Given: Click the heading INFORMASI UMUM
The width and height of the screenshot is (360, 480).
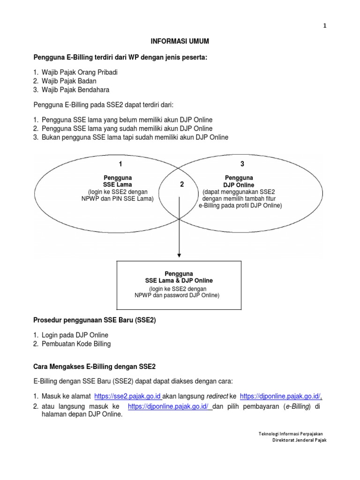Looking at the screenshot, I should (x=180, y=42).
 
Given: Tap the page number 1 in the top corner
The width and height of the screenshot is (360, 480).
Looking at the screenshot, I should (x=324, y=26).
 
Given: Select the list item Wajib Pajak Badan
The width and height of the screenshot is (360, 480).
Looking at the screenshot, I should (x=69, y=81).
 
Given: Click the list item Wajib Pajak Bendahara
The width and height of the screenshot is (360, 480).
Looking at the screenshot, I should (x=75, y=90).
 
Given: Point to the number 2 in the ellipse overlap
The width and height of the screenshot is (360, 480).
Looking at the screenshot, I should (x=181, y=185).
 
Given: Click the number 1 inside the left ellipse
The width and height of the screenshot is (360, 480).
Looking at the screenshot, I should (x=120, y=164).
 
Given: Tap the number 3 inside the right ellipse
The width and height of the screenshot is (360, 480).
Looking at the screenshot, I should (x=242, y=164).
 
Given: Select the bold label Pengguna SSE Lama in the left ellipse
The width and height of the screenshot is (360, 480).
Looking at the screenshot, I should (x=117, y=181).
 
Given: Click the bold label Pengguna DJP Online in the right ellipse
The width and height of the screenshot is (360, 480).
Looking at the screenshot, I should (x=239, y=181).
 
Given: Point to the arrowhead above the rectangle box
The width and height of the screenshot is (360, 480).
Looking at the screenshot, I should (x=179, y=255).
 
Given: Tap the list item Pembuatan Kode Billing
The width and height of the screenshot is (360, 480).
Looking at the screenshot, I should (x=76, y=344).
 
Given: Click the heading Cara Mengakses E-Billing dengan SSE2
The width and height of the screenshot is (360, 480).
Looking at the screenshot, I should (x=94, y=366).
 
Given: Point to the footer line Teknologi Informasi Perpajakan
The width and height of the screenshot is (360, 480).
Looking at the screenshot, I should (x=292, y=434).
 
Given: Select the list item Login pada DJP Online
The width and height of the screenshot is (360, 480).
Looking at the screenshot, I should (x=75, y=335).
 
